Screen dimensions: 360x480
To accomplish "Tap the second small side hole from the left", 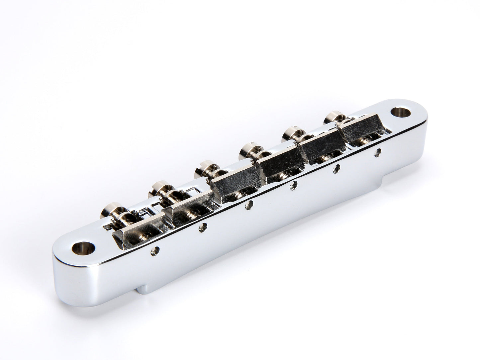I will [x=202, y=227].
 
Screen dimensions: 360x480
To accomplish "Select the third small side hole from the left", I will [x=248, y=206].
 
